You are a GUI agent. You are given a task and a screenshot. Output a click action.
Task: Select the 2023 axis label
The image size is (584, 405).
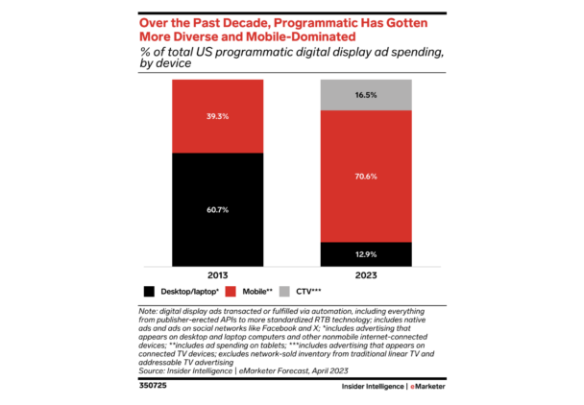click(366, 274)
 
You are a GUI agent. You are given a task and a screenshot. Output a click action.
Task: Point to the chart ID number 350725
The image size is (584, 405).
click(154, 389)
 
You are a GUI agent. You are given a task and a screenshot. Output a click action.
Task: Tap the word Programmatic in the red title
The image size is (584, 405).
click(287, 21)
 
